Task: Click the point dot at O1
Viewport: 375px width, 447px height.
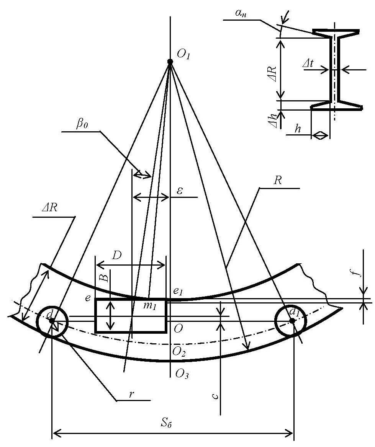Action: (x=170, y=62)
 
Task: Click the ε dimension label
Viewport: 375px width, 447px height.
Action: (x=180, y=191)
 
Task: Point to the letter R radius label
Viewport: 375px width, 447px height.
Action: (x=277, y=180)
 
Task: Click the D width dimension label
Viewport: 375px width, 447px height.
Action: (x=116, y=255)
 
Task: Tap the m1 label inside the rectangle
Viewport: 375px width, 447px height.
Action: (x=149, y=307)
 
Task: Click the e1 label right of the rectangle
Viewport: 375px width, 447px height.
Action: (x=178, y=291)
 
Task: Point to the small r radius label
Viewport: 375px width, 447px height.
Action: (x=131, y=395)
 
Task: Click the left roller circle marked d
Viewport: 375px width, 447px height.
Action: (x=52, y=321)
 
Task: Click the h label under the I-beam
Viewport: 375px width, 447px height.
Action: (x=298, y=129)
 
